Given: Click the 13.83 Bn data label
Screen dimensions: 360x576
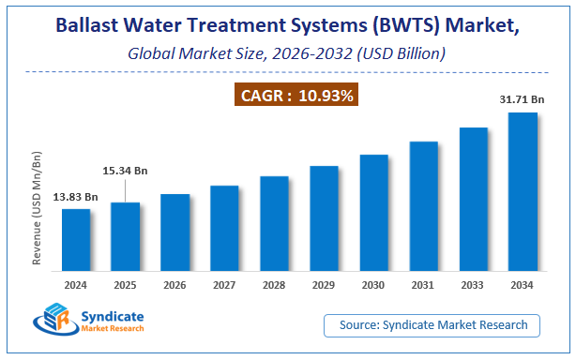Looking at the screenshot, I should tap(76, 197).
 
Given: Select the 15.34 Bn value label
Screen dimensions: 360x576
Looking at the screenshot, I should tap(126, 171).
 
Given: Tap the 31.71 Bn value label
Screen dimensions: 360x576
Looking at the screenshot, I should tap(523, 98).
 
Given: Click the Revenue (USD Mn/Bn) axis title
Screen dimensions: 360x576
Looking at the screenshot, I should tap(38, 202).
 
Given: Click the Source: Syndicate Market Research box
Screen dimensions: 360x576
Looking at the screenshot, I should tap(433, 325).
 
